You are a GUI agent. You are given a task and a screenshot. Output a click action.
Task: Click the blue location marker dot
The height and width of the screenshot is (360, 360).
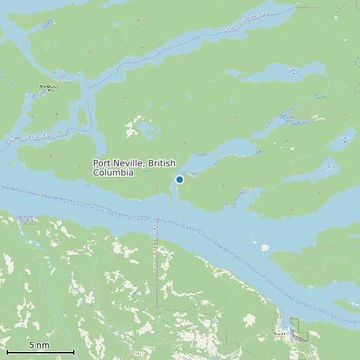179,179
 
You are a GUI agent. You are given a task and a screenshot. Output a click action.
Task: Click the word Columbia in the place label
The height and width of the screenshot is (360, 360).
113,173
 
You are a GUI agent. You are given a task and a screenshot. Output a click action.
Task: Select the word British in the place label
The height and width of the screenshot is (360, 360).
163,163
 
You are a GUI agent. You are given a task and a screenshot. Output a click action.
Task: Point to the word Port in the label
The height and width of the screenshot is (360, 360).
102,163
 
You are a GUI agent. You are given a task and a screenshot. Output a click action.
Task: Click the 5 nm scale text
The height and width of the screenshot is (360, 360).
39,345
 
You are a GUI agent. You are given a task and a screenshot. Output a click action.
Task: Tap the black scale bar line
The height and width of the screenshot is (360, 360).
40,352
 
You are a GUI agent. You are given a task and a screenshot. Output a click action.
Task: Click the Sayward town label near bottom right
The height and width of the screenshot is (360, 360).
282,333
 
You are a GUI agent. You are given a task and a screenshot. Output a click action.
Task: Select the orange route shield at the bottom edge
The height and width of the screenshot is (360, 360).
139,355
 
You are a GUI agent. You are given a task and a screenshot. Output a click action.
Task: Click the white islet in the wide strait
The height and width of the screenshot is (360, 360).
265,248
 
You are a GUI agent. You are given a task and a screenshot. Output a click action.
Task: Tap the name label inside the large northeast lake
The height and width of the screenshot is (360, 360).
293,70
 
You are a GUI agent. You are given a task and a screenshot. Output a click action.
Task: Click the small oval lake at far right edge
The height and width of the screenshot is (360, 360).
344,139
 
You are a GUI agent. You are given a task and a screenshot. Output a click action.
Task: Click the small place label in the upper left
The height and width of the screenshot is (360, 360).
49,87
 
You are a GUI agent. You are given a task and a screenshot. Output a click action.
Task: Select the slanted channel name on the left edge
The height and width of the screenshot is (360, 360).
31,137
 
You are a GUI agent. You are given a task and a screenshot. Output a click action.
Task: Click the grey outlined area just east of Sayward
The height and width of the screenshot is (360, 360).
295,329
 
